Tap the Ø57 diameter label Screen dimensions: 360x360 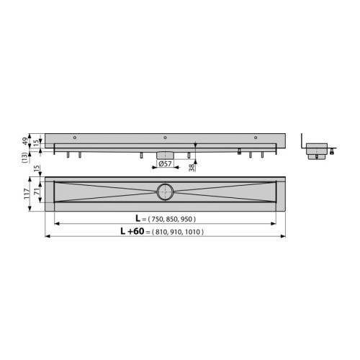(164, 164)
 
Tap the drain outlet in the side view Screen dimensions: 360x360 (165, 154)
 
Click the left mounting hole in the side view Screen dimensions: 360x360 (75, 138)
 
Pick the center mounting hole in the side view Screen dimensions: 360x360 (165, 138)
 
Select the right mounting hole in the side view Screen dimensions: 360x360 (255, 138)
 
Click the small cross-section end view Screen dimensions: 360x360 (316, 149)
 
